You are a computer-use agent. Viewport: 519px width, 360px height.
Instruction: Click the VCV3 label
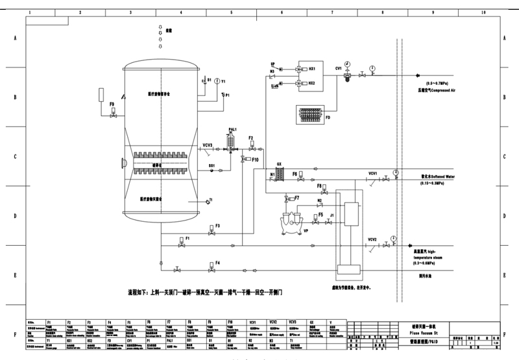208,145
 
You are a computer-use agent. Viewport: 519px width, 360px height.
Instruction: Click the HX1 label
311,67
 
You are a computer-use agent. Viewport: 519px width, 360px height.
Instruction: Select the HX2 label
311,83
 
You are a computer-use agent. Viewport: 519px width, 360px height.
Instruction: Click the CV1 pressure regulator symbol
348,74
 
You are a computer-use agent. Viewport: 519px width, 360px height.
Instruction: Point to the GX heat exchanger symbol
280,173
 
